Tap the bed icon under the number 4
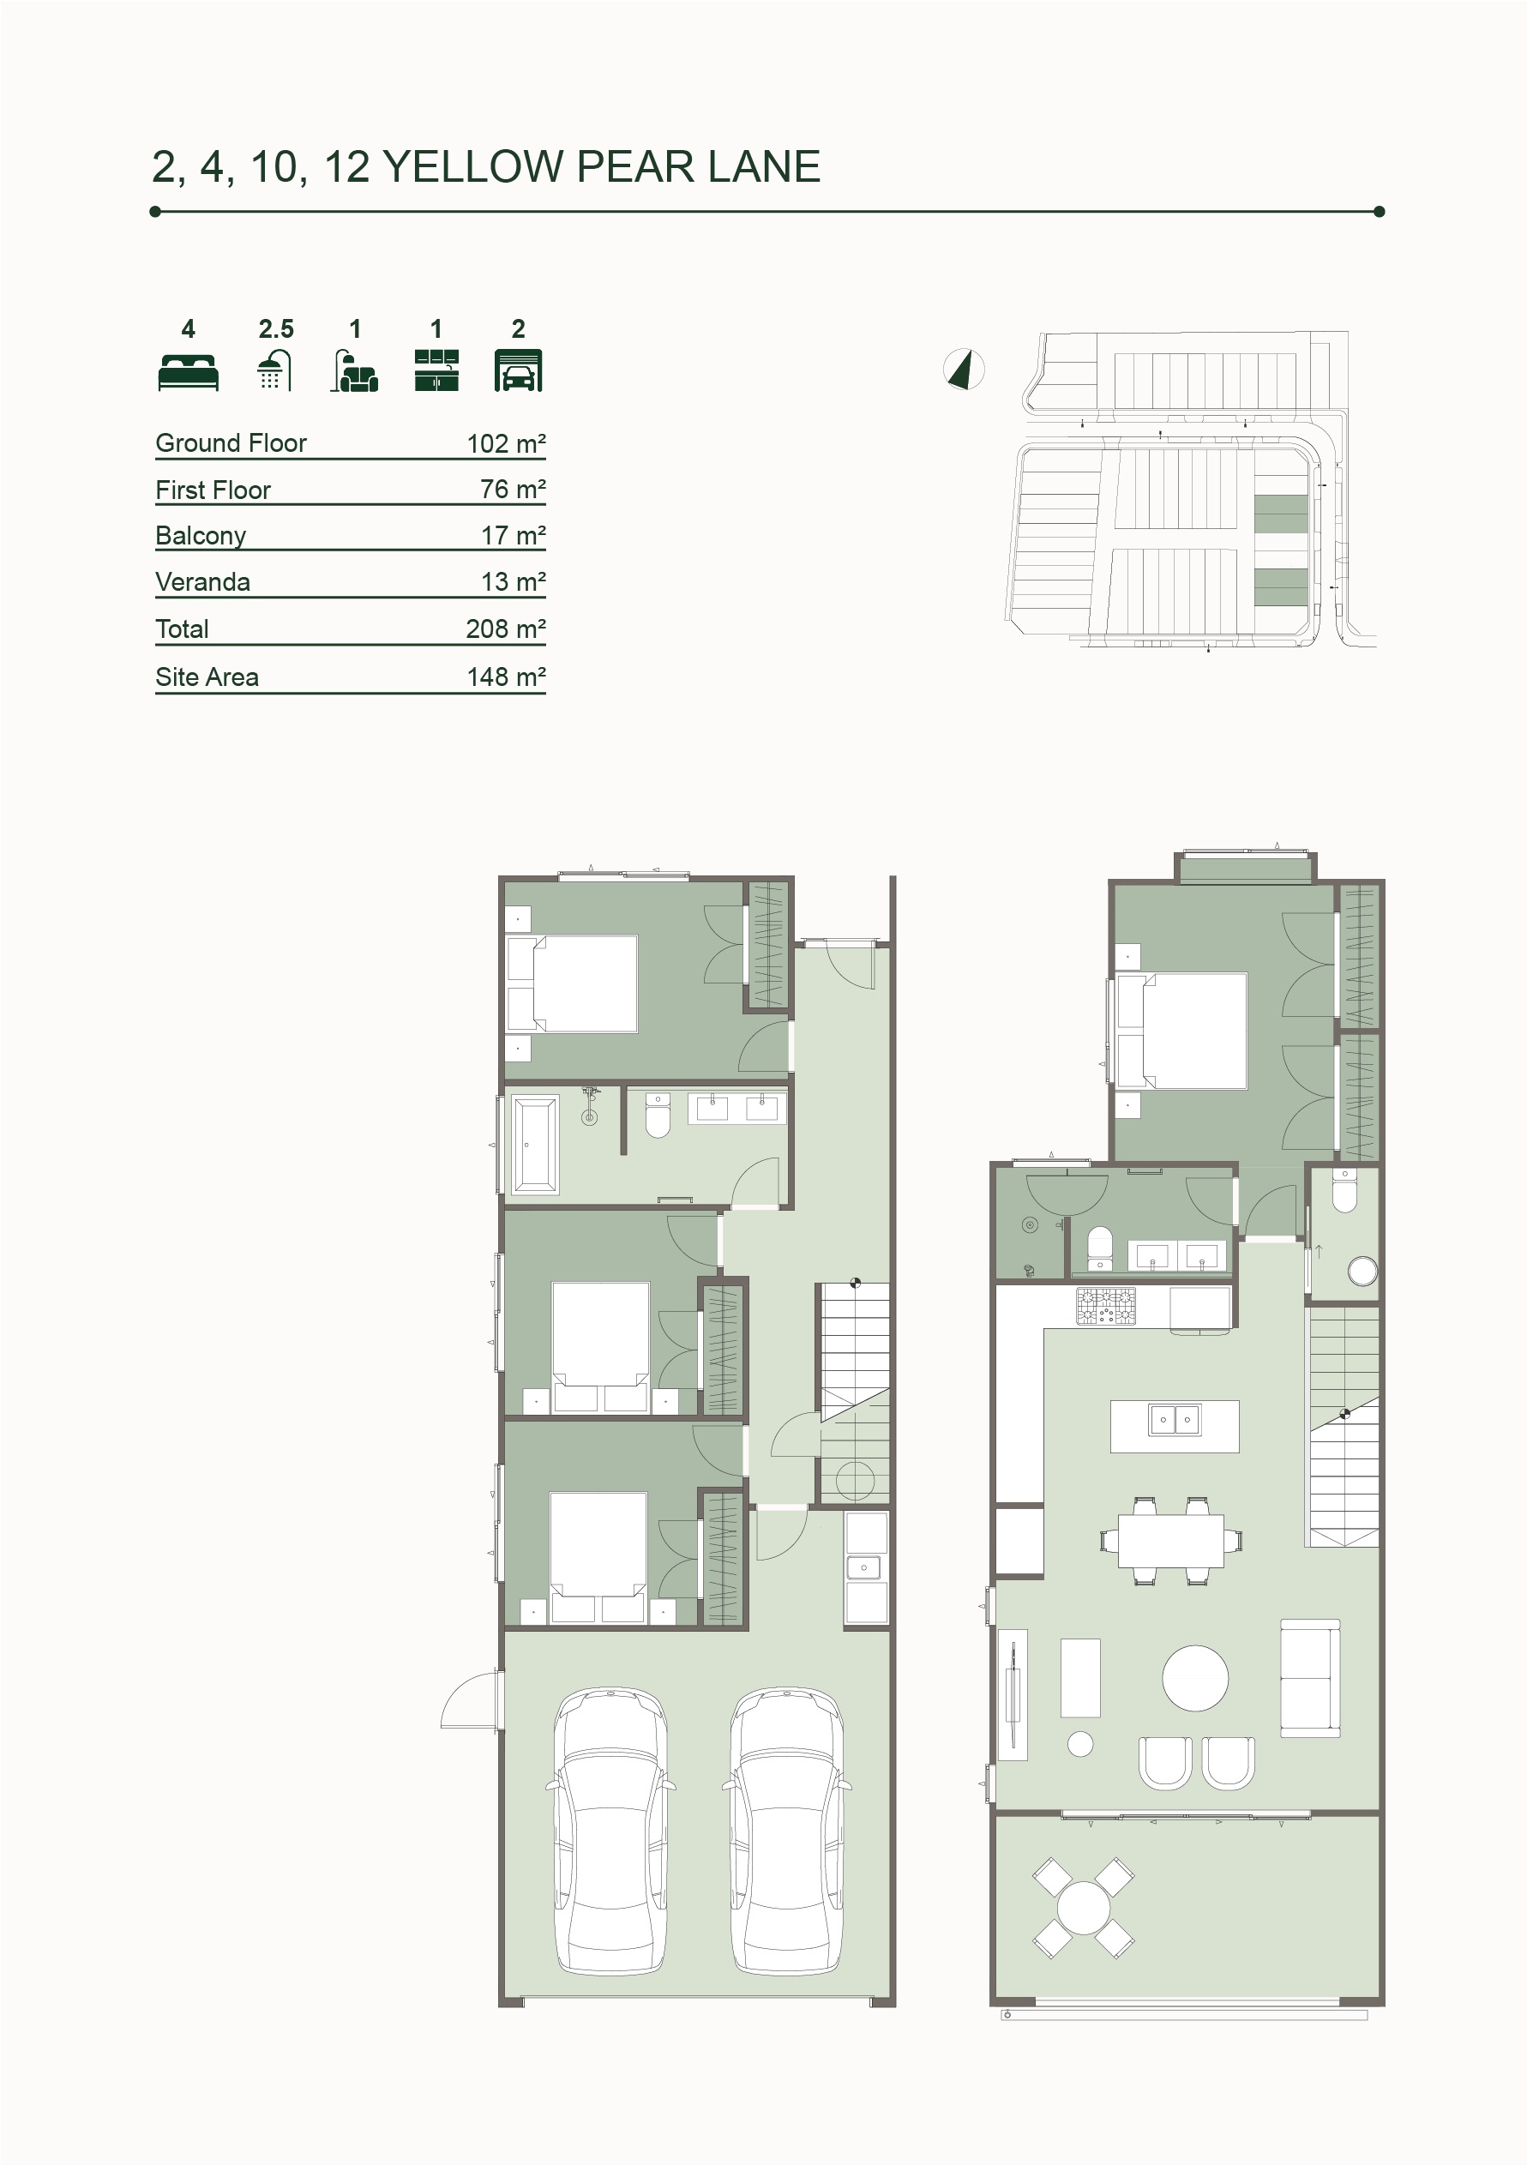(189, 371)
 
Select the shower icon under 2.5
(274, 370)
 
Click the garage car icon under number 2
(518, 370)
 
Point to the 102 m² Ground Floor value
(507, 443)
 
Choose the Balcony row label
(201, 536)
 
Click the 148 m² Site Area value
(507, 677)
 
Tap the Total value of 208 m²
(507, 629)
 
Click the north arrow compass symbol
(964, 369)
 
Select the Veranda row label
(203, 582)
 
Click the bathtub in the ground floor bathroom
(536, 1144)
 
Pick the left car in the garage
(612, 1831)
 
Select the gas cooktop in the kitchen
(1106, 1307)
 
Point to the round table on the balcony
(1084, 1908)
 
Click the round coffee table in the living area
(1195, 1679)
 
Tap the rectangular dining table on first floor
(1170, 1541)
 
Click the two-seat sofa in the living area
(1310, 1680)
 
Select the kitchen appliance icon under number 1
(436, 370)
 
